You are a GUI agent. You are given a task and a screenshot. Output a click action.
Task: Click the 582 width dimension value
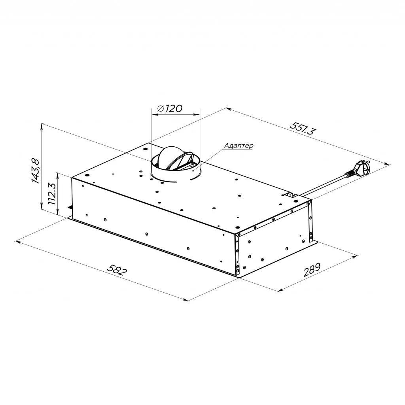click(117, 270)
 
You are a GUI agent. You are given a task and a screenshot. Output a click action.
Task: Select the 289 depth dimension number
click(312, 269)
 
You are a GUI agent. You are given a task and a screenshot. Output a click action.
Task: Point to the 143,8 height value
click(35, 171)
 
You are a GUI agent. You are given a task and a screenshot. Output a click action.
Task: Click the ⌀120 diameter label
click(169, 108)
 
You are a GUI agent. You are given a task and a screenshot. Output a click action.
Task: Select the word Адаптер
click(238, 146)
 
